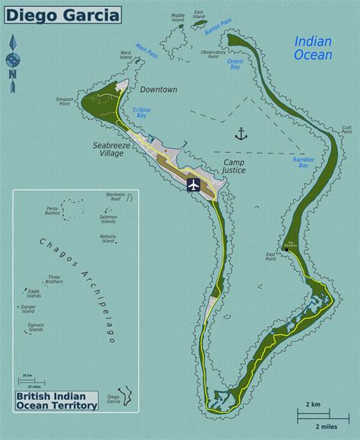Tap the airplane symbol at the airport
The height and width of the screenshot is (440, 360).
[x=193, y=185]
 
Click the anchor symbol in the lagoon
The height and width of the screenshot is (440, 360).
[x=242, y=134]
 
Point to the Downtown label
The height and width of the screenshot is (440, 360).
[x=158, y=90]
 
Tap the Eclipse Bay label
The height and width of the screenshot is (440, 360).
[x=142, y=112]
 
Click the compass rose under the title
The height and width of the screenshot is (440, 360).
[x=12, y=62]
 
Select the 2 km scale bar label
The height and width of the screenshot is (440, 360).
[x=312, y=403]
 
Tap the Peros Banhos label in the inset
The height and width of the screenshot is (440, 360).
[x=52, y=209]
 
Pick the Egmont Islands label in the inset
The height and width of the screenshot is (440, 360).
[x=35, y=328]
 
